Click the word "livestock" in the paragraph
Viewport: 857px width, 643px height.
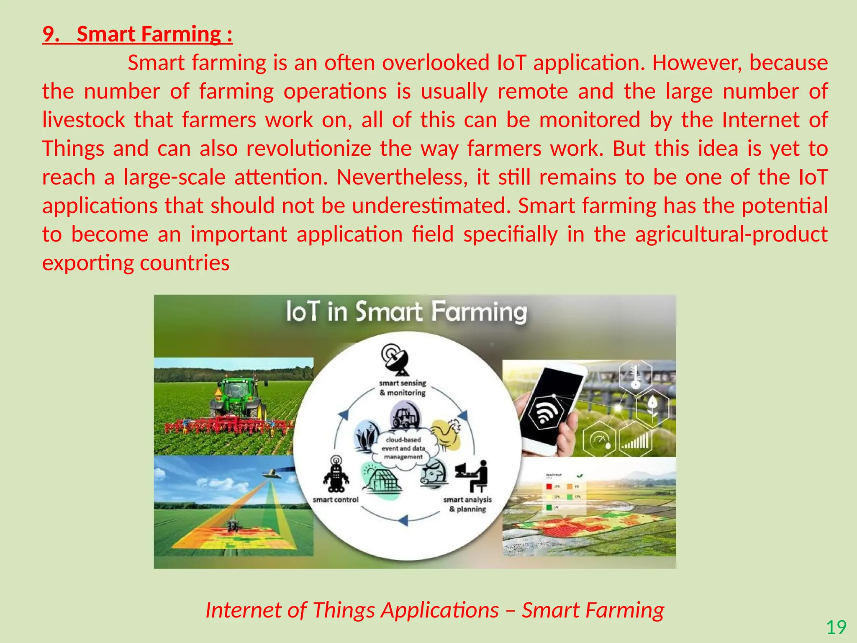click(83, 120)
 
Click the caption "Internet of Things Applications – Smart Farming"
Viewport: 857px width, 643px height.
click(434, 610)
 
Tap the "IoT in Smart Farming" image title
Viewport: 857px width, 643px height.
click(406, 312)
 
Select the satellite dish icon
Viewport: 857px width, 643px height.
click(395, 359)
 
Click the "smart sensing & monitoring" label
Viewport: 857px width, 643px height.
click(402, 388)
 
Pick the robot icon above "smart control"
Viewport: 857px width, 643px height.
click(336, 475)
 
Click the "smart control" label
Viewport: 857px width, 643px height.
click(336, 500)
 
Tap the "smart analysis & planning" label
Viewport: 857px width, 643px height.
click(467, 504)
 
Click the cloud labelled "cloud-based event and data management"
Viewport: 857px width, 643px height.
click(403, 448)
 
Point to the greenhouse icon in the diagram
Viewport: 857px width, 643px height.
click(381, 482)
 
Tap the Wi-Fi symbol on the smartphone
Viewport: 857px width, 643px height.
click(544, 412)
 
